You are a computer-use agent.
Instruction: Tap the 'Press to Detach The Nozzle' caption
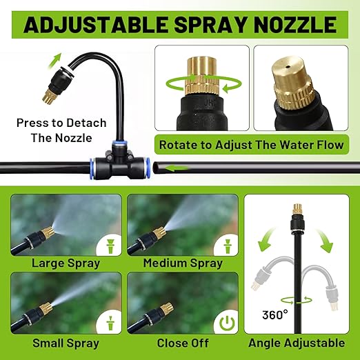tap(62, 130)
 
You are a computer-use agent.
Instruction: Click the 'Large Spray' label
tap(66, 263)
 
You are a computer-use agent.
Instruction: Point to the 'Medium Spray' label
tap(182, 263)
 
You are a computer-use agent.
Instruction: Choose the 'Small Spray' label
tap(66, 343)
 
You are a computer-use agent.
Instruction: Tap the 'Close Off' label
tap(182, 343)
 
